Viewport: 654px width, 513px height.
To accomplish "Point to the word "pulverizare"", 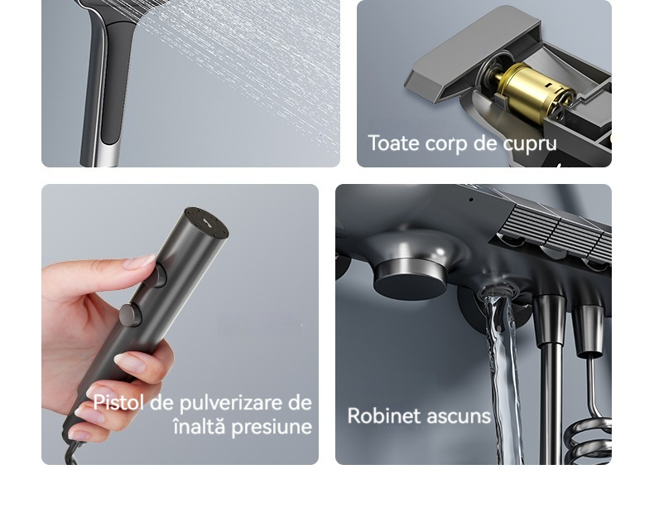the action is click(231, 404).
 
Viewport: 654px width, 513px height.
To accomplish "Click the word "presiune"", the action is click(272, 427).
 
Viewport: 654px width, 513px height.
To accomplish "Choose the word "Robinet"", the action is click(384, 416).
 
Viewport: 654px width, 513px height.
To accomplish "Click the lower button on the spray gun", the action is click(131, 315).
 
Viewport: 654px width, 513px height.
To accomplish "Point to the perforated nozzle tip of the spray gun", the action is click(207, 222).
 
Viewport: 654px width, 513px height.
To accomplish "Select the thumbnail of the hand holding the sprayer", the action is click(180, 324).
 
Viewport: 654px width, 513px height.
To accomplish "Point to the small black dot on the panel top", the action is click(471, 200).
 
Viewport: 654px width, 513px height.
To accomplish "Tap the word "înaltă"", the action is click(200, 426).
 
